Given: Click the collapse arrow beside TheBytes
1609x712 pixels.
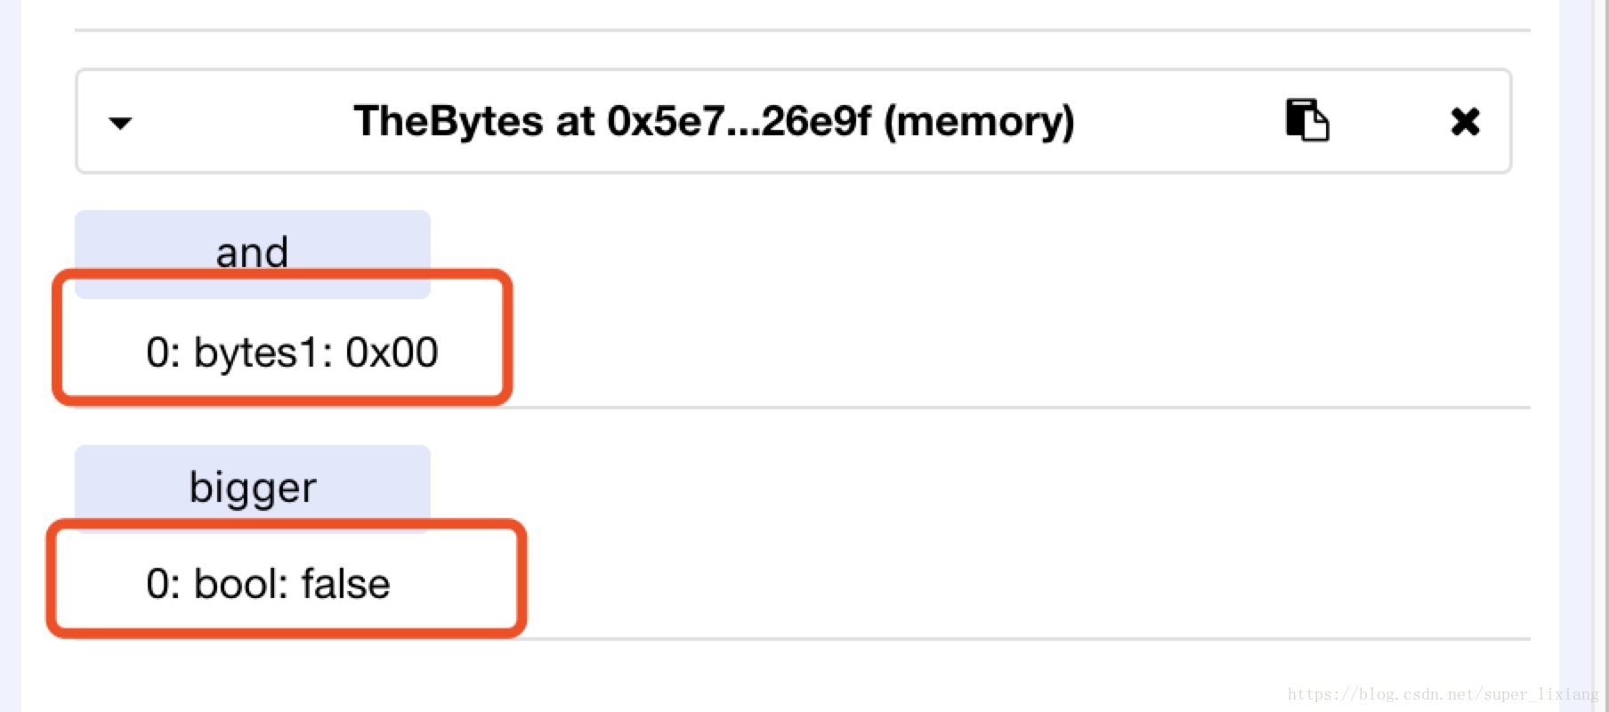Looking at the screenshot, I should click(120, 123).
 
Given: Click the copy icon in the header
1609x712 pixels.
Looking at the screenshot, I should click(1306, 120).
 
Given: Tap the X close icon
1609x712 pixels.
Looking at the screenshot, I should click(1465, 121).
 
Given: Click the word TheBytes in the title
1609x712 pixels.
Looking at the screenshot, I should click(448, 121).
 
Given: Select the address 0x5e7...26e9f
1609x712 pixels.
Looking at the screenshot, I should click(739, 121).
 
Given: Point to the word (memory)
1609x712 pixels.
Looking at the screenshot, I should click(979, 121).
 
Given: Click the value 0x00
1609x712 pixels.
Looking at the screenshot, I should click(392, 352).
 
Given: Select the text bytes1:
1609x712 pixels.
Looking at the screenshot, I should click(263, 352).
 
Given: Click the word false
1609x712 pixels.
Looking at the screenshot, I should click(345, 584).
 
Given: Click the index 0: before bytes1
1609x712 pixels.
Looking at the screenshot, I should click(163, 352).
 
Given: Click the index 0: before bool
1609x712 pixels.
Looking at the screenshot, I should click(163, 584).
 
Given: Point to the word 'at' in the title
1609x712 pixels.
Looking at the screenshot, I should click(575, 121).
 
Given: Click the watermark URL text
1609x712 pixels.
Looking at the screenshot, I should click(1442, 694).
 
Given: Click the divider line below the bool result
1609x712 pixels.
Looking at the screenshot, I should click(979, 638).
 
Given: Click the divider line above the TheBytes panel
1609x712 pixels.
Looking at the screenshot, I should click(801, 30).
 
